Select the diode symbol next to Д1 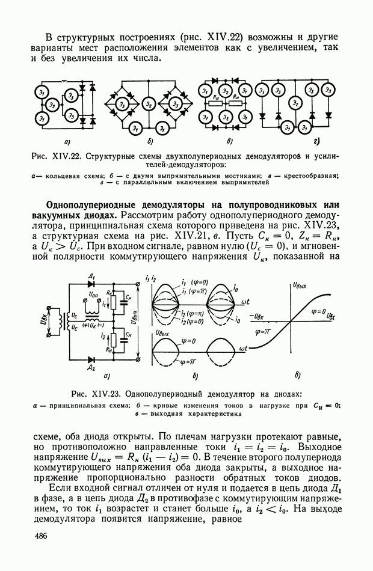(x=91, y=284)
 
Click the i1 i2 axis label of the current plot (x=150, y=277)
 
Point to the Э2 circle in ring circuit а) (x=53, y=106)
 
